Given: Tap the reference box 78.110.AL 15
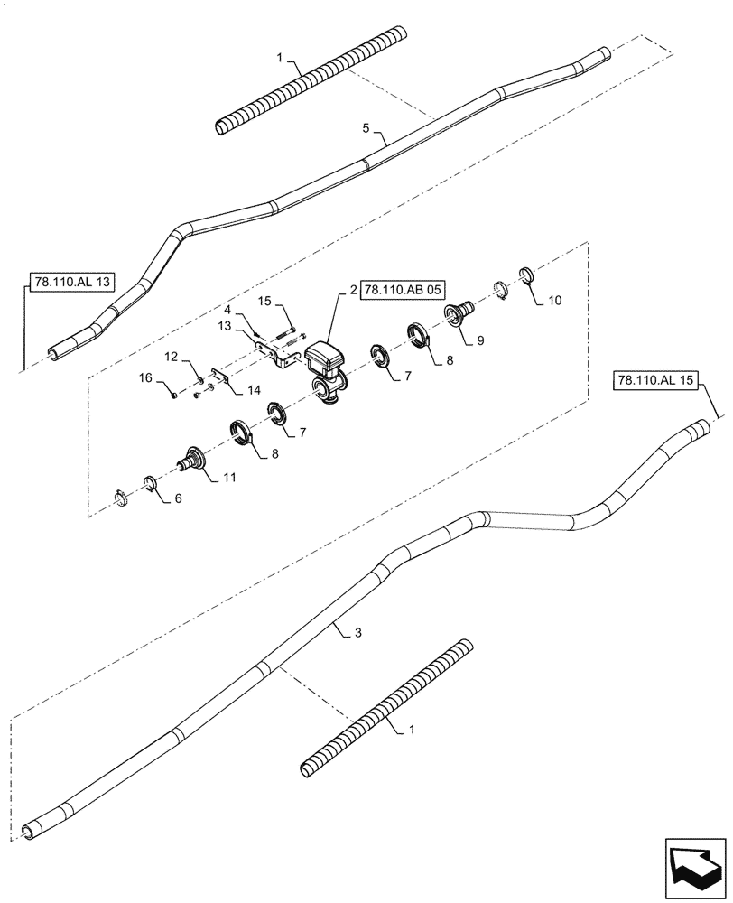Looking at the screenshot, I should click(x=654, y=381).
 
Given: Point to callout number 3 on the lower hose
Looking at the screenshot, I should click(x=358, y=634).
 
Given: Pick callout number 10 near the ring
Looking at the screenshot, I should click(x=554, y=300).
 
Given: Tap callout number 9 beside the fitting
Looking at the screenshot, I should click(x=481, y=340).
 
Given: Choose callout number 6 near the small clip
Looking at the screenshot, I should click(x=177, y=498).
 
